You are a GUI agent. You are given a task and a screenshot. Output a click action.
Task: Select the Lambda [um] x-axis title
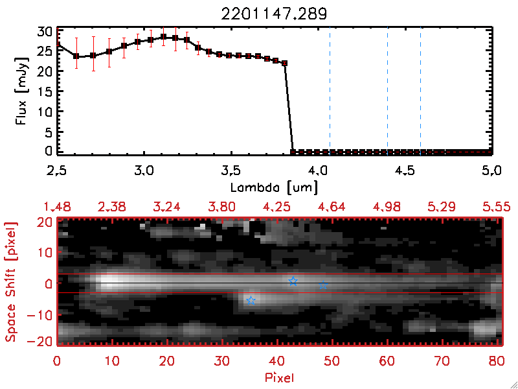tap(274, 187)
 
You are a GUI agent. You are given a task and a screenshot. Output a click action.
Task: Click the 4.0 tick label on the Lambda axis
tap(317, 172)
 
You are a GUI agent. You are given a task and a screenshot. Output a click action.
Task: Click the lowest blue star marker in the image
tap(251, 301)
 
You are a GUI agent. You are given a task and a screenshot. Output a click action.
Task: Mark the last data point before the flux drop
tap(284, 64)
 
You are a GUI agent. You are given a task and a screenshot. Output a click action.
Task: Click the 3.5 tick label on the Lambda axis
tap(231, 172)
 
